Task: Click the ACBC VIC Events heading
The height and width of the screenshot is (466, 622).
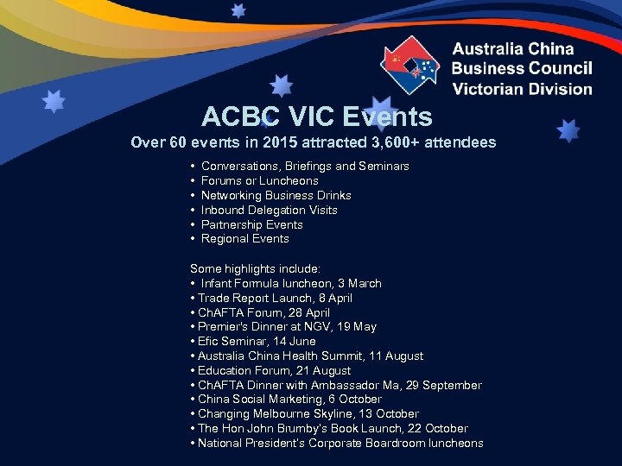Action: [x=316, y=116]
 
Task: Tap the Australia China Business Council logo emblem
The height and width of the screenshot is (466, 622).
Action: [x=410, y=66]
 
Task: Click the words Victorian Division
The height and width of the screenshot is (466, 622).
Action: [x=522, y=88]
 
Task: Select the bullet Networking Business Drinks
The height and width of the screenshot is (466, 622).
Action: [x=276, y=195]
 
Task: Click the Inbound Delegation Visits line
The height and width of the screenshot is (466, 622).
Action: [x=269, y=210]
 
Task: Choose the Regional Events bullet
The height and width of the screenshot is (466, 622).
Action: [x=244, y=239]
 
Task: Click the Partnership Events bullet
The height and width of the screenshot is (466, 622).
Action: [x=251, y=224]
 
